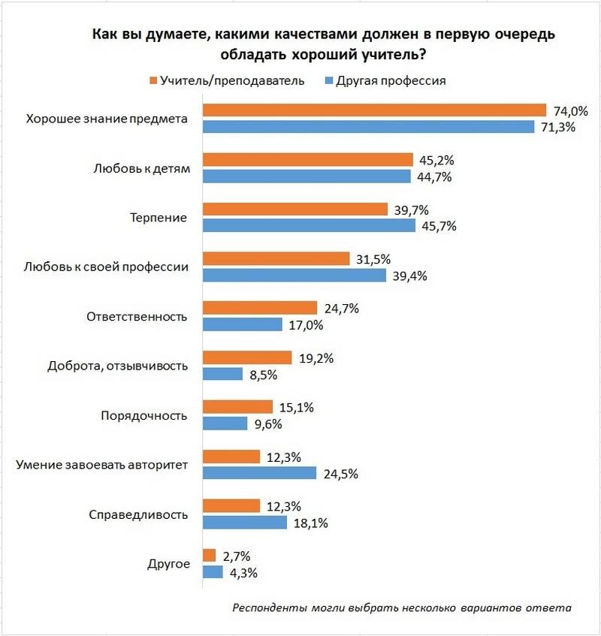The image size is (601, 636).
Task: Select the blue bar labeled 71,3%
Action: pos(368,127)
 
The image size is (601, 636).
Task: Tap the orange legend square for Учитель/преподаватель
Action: pos(153,80)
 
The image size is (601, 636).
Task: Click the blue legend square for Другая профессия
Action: pos(328,80)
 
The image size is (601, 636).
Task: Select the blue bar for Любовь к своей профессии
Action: pos(294,276)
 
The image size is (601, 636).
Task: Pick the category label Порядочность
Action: pos(143,415)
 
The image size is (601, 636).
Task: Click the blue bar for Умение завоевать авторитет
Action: pos(260,473)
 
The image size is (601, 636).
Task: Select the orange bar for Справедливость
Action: pos(231,506)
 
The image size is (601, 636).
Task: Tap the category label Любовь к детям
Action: pos(143,168)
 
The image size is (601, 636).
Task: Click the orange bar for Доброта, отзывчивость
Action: pos(247,357)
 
